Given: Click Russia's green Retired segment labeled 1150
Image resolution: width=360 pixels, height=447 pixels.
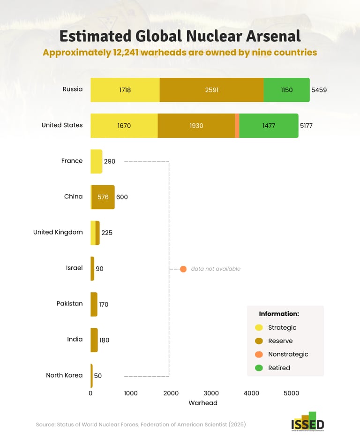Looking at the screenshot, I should pyautogui.click(x=286, y=90).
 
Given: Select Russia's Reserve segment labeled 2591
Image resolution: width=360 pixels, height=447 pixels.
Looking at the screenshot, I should pyautogui.click(x=211, y=90).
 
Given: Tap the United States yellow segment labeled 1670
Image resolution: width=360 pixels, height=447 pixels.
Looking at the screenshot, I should pyautogui.click(x=124, y=126).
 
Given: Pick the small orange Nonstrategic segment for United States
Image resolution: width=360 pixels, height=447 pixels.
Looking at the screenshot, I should pyautogui.click(x=237, y=126).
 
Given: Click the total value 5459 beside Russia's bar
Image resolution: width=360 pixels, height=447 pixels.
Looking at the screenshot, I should pyautogui.click(x=319, y=90).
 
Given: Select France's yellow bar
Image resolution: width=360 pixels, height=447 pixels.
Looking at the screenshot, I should pyautogui.click(x=96, y=161).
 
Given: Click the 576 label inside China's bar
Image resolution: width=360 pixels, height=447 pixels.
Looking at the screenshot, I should pyautogui.click(x=103, y=197).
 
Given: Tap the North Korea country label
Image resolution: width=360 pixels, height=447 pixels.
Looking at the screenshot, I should pyautogui.click(x=64, y=375).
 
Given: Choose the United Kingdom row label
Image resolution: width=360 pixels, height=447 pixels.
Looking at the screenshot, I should pyautogui.click(x=58, y=232).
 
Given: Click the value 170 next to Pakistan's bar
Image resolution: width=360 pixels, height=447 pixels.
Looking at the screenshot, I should pyautogui.click(x=104, y=304).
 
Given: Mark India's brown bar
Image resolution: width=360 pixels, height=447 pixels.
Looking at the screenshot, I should pyautogui.click(x=94, y=340).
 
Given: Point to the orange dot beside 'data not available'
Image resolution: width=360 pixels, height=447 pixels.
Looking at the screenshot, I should pyautogui.click(x=183, y=269).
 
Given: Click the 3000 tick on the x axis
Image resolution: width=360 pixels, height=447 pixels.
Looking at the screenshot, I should pyautogui.click(x=211, y=393).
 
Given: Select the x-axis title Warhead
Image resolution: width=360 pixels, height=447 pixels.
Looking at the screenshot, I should pyautogui.click(x=203, y=403).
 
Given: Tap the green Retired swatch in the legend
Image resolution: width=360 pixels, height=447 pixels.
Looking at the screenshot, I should pyautogui.click(x=259, y=368).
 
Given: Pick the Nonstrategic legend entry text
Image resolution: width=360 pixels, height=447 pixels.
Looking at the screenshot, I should pyautogui.click(x=288, y=354).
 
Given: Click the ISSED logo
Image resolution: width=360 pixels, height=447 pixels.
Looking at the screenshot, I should pyautogui.click(x=307, y=421).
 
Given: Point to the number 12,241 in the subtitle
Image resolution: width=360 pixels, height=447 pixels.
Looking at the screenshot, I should pyautogui.click(x=126, y=53).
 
